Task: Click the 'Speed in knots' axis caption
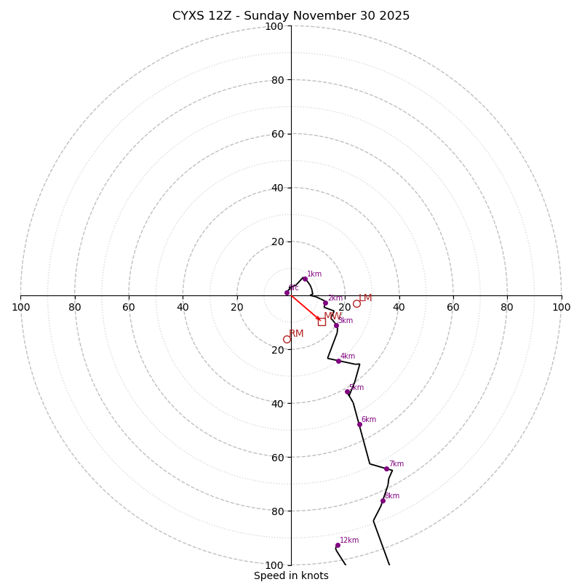coord(291,575)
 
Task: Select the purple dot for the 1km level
coord(305,279)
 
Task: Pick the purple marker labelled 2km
coord(325,303)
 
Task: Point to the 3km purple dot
coord(336,325)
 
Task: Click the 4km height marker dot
coord(338,361)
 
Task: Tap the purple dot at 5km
coord(347,392)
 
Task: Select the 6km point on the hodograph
coord(359,424)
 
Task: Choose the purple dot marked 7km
coord(386,469)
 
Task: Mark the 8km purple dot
coord(383,501)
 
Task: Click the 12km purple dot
coord(338,545)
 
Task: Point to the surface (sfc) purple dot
coord(287,292)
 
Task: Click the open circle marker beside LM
coord(356,303)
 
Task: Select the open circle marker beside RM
coord(287,339)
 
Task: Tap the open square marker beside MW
coord(322,322)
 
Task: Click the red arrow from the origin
coord(305,308)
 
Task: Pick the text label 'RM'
coord(297,334)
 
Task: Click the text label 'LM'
coord(365,298)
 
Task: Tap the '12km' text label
coord(349,540)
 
